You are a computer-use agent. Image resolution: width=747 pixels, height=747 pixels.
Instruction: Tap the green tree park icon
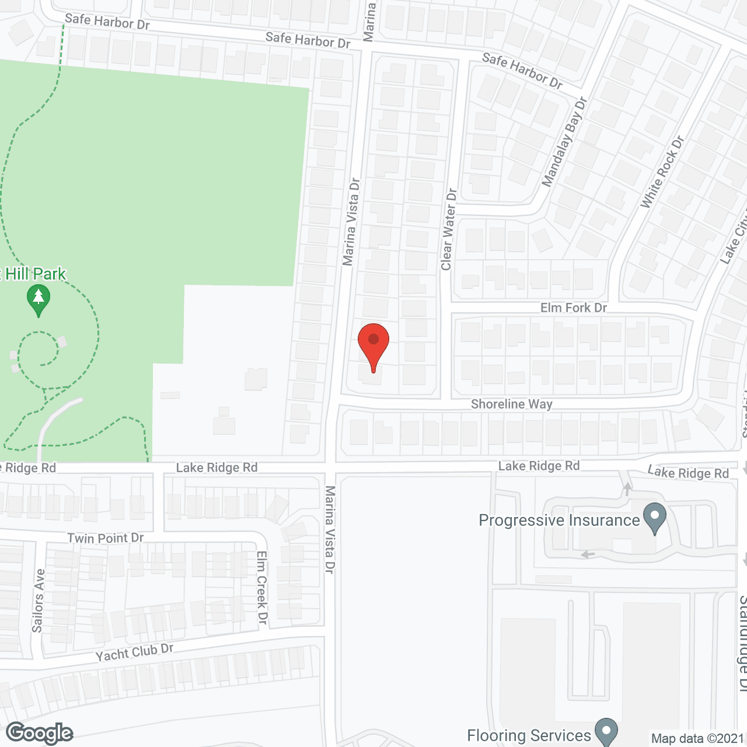point(39,299)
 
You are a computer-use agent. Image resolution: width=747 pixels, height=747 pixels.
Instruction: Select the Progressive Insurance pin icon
point(654,518)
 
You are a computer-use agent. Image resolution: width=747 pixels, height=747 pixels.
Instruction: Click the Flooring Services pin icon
point(606,731)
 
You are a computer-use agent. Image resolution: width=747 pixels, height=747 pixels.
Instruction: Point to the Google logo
point(40,732)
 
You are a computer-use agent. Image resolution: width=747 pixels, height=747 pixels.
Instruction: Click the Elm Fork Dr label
point(574,308)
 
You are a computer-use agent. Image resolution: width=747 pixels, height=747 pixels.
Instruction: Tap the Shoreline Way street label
point(511,404)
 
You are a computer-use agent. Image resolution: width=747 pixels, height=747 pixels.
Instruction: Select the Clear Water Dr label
point(448,229)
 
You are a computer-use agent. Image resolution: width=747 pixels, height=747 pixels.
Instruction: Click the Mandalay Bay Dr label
point(564,142)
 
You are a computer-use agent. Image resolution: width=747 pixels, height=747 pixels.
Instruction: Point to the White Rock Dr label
point(662,172)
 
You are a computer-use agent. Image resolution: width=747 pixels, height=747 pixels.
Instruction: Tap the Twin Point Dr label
point(105,537)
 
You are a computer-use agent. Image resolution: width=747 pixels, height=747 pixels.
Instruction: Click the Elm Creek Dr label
point(262,587)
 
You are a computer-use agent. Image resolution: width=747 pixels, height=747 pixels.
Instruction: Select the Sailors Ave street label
point(38,601)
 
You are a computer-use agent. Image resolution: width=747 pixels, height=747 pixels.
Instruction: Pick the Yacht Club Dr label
point(134,652)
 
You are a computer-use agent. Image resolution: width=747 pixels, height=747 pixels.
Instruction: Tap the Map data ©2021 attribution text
point(697,738)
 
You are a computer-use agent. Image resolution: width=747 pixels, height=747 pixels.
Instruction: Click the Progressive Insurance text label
point(559,520)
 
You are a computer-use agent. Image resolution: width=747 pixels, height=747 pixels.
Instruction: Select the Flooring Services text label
point(529,735)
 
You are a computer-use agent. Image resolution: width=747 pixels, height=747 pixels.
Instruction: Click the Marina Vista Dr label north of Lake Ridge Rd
point(351,222)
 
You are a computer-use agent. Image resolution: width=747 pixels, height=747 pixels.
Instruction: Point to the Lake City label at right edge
point(735,239)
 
